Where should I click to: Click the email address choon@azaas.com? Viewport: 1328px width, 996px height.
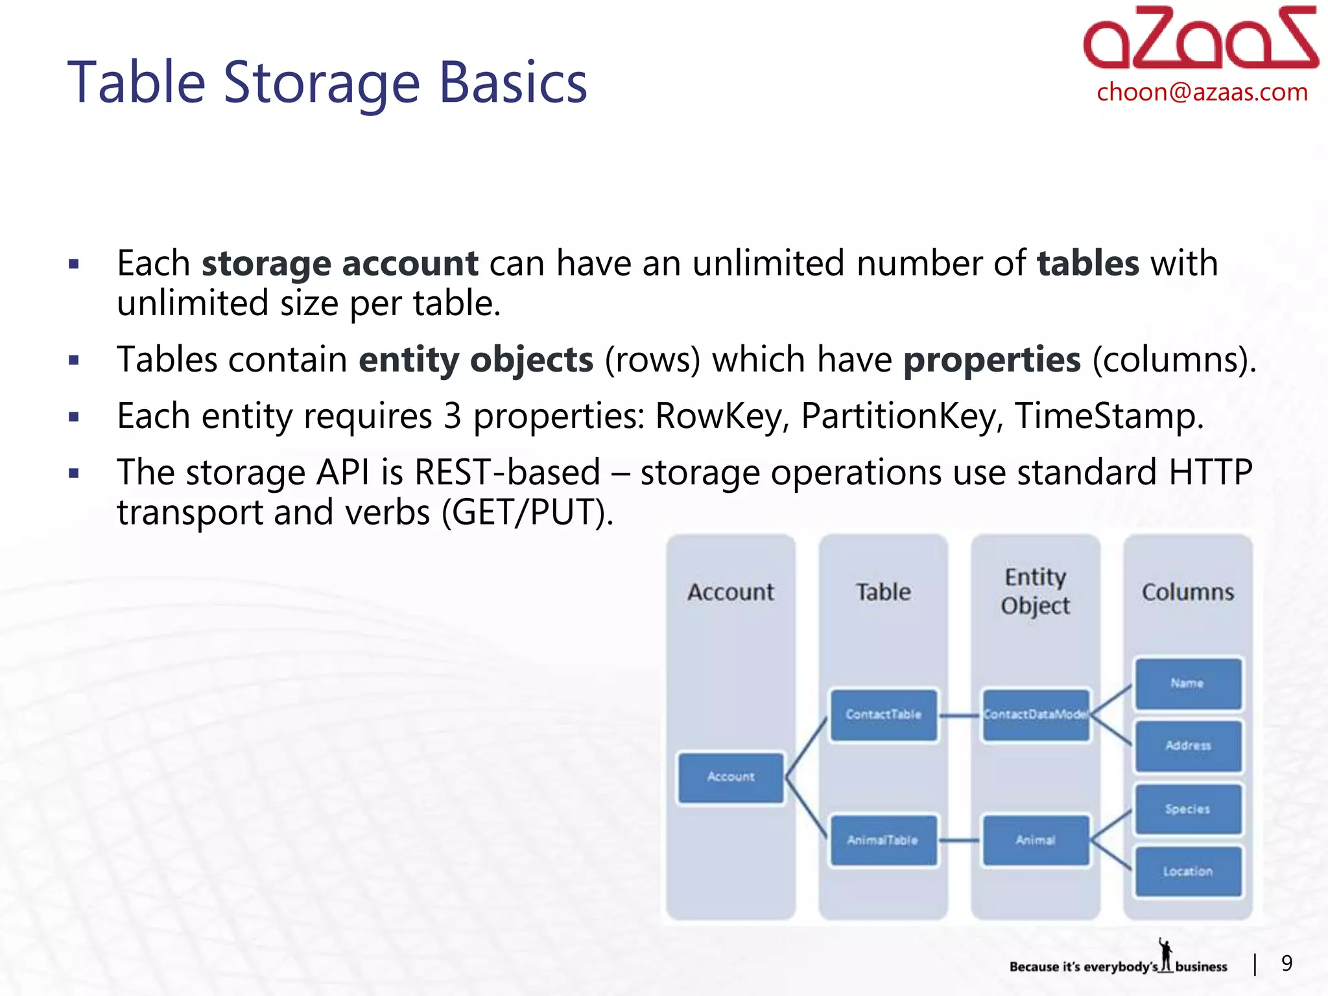pyautogui.click(x=1202, y=92)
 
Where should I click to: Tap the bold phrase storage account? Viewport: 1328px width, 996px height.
pyautogui.click(x=340, y=263)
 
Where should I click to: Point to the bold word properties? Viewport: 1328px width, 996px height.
pyautogui.click(x=992, y=359)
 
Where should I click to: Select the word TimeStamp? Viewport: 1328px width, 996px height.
pyautogui.click(x=1108, y=416)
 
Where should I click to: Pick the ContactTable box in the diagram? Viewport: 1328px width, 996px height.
pyautogui.click(x=883, y=715)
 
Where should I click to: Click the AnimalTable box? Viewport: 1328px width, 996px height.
pyautogui.click(x=883, y=840)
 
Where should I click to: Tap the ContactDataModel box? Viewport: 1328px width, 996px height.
pyautogui.click(x=1036, y=715)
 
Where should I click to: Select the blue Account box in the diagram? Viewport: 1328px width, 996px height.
pyautogui.click(x=731, y=777)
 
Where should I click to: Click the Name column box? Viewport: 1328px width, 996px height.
pyautogui.click(x=1188, y=683)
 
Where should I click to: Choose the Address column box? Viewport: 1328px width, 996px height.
pyautogui.click(x=1188, y=746)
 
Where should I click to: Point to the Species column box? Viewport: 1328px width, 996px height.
pyautogui.click(x=1188, y=809)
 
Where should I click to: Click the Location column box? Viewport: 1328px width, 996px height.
pyautogui.click(x=1188, y=871)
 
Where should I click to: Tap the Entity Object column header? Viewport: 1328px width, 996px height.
pyautogui.click(x=1036, y=591)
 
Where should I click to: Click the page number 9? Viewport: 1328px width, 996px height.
pyautogui.click(x=1287, y=964)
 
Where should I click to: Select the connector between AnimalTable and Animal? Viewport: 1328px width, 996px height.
pyautogui.click(x=960, y=840)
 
